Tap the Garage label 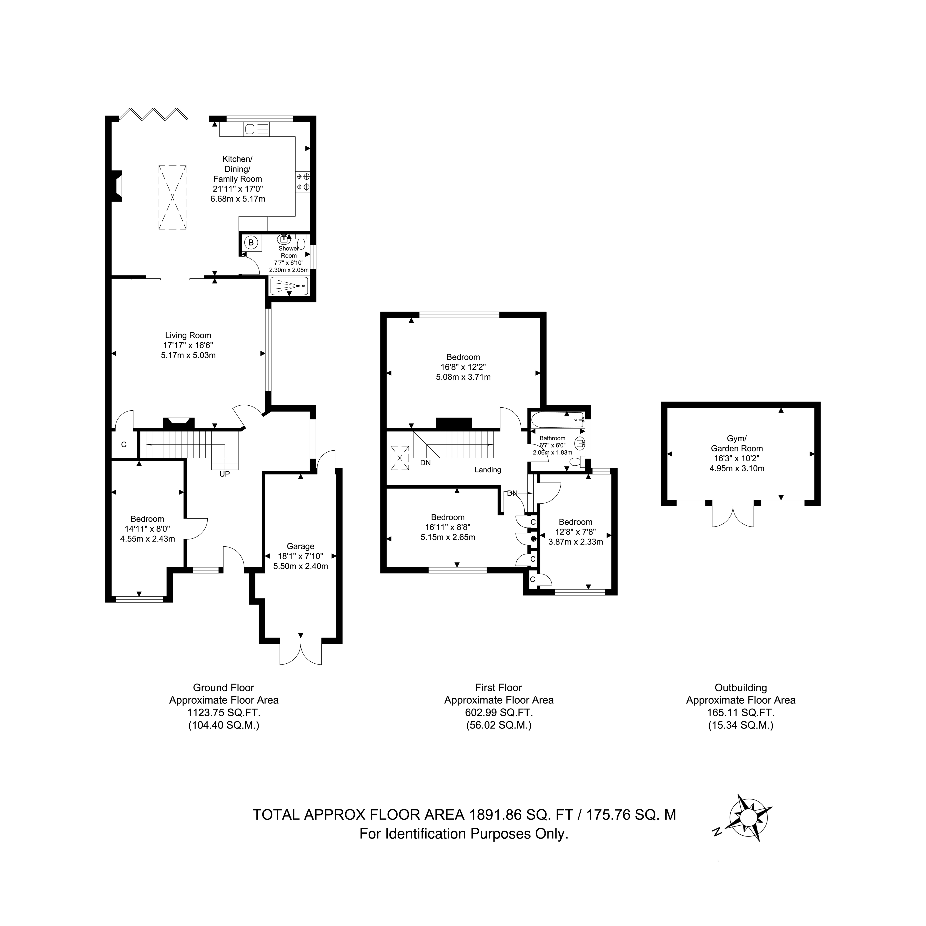pos(301,546)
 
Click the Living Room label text pos(188,336)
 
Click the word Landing pos(488,470)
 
